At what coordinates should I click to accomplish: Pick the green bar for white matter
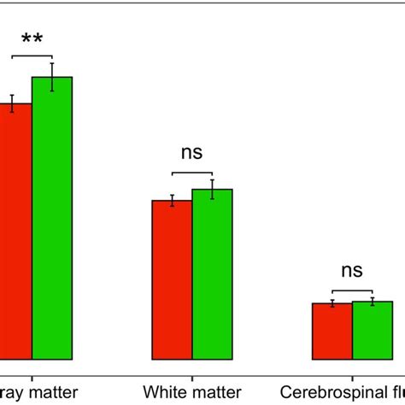pyautogui.click(x=212, y=273)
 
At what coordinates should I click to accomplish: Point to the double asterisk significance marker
pyautogui.click(x=32, y=40)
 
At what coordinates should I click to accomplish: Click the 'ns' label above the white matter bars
pyautogui.click(x=191, y=153)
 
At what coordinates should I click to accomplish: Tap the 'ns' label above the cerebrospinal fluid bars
pyautogui.click(x=351, y=271)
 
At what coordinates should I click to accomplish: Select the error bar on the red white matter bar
pyautogui.click(x=172, y=201)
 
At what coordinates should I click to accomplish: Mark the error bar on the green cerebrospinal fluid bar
pyautogui.click(x=372, y=302)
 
